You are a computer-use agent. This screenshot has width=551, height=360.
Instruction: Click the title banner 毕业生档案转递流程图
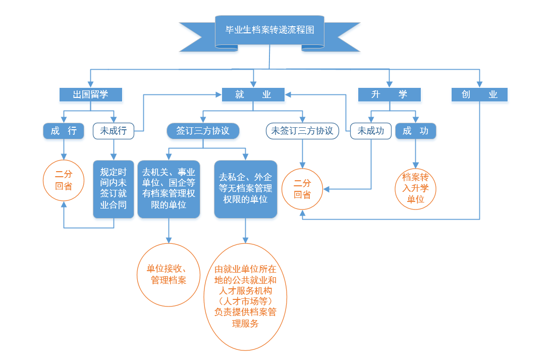pyautogui.click(x=269, y=30)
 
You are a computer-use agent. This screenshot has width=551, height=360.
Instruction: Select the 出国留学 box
pyautogui.click(x=91, y=94)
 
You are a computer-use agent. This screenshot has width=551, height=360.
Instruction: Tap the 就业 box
pyautogui.click(x=253, y=94)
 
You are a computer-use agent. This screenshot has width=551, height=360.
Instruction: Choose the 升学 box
pyautogui.click(x=389, y=94)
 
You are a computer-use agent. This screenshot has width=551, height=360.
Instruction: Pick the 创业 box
pyautogui.click(x=479, y=94)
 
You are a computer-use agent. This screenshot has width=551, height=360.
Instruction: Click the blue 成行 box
pyautogui.click(x=64, y=131)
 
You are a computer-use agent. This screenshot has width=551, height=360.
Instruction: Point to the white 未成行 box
pyautogui.click(x=114, y=131)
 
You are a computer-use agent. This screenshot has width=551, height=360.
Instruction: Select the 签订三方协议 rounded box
pyautogui.click(x=203, y=131)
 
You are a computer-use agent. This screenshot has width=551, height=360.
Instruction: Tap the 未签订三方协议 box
pyautogui.click(x=302, y=131)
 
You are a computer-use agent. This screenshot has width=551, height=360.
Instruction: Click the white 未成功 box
pyautogui.click(x=371, y=131)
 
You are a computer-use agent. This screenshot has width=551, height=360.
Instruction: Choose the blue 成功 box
pyautogui.click(x=415, y=131)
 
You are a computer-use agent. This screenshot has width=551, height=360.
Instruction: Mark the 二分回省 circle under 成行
pyautogui.click(x=64, y=180)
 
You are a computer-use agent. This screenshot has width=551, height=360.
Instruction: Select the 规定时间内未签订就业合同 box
pyautogui.click(x=114, y=189)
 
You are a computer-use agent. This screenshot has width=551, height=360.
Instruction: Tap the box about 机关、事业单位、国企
pyautogui.click(x=168, y=189)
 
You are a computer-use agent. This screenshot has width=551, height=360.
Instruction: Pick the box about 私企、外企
pyautogui.click(x=246, y=189)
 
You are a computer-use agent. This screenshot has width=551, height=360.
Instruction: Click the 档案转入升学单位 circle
pyautogui.click(x=415, y=189)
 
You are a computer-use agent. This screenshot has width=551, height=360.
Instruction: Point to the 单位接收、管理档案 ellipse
pyautogui.click(x=169, y=274)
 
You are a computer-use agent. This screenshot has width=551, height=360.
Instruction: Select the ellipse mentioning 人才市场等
pyautogui.click(x=245, y=297)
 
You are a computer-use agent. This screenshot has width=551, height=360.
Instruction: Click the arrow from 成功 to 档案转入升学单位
pyautogui.click(x=415, y=153)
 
